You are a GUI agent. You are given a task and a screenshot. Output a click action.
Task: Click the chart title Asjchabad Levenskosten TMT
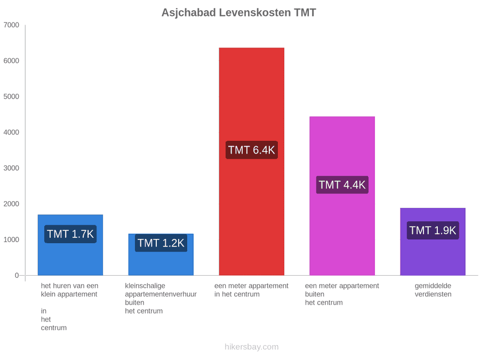[239, 13]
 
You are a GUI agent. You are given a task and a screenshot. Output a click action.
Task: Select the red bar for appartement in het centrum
[252, 161]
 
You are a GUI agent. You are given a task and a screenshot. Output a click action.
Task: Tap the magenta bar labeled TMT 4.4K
[342, 196]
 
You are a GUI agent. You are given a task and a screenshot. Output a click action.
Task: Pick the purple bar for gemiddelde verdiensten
[433, 242]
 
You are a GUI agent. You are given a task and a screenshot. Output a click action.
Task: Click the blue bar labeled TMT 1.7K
[70, 245]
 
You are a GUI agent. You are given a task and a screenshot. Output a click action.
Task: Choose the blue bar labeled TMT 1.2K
[161, 254]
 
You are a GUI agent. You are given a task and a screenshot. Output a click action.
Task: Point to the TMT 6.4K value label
[252, 150]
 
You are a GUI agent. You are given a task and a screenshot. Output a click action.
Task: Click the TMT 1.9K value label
[433, 230]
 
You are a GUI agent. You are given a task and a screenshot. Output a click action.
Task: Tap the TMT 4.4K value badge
[342, 185]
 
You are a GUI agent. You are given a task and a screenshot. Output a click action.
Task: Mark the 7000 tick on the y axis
[11, 25]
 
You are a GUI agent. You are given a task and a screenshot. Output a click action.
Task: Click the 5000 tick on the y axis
[11, 97]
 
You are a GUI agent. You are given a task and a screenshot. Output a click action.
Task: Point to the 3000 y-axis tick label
[11, 168]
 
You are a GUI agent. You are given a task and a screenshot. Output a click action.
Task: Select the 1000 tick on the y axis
[11, 239]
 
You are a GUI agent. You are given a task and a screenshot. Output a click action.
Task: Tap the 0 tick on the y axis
[17, 275]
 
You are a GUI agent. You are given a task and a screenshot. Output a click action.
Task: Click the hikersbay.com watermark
[252, 347]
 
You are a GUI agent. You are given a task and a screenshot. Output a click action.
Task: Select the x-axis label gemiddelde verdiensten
[433, 290]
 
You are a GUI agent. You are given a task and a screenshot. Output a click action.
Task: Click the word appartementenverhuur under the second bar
[161, 294]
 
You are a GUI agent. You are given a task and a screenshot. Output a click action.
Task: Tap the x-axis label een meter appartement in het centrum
[251, 290]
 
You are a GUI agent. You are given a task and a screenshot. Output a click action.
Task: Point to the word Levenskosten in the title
[255, 13]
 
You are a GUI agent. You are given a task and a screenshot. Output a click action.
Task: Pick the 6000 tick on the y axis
[11, 61]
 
